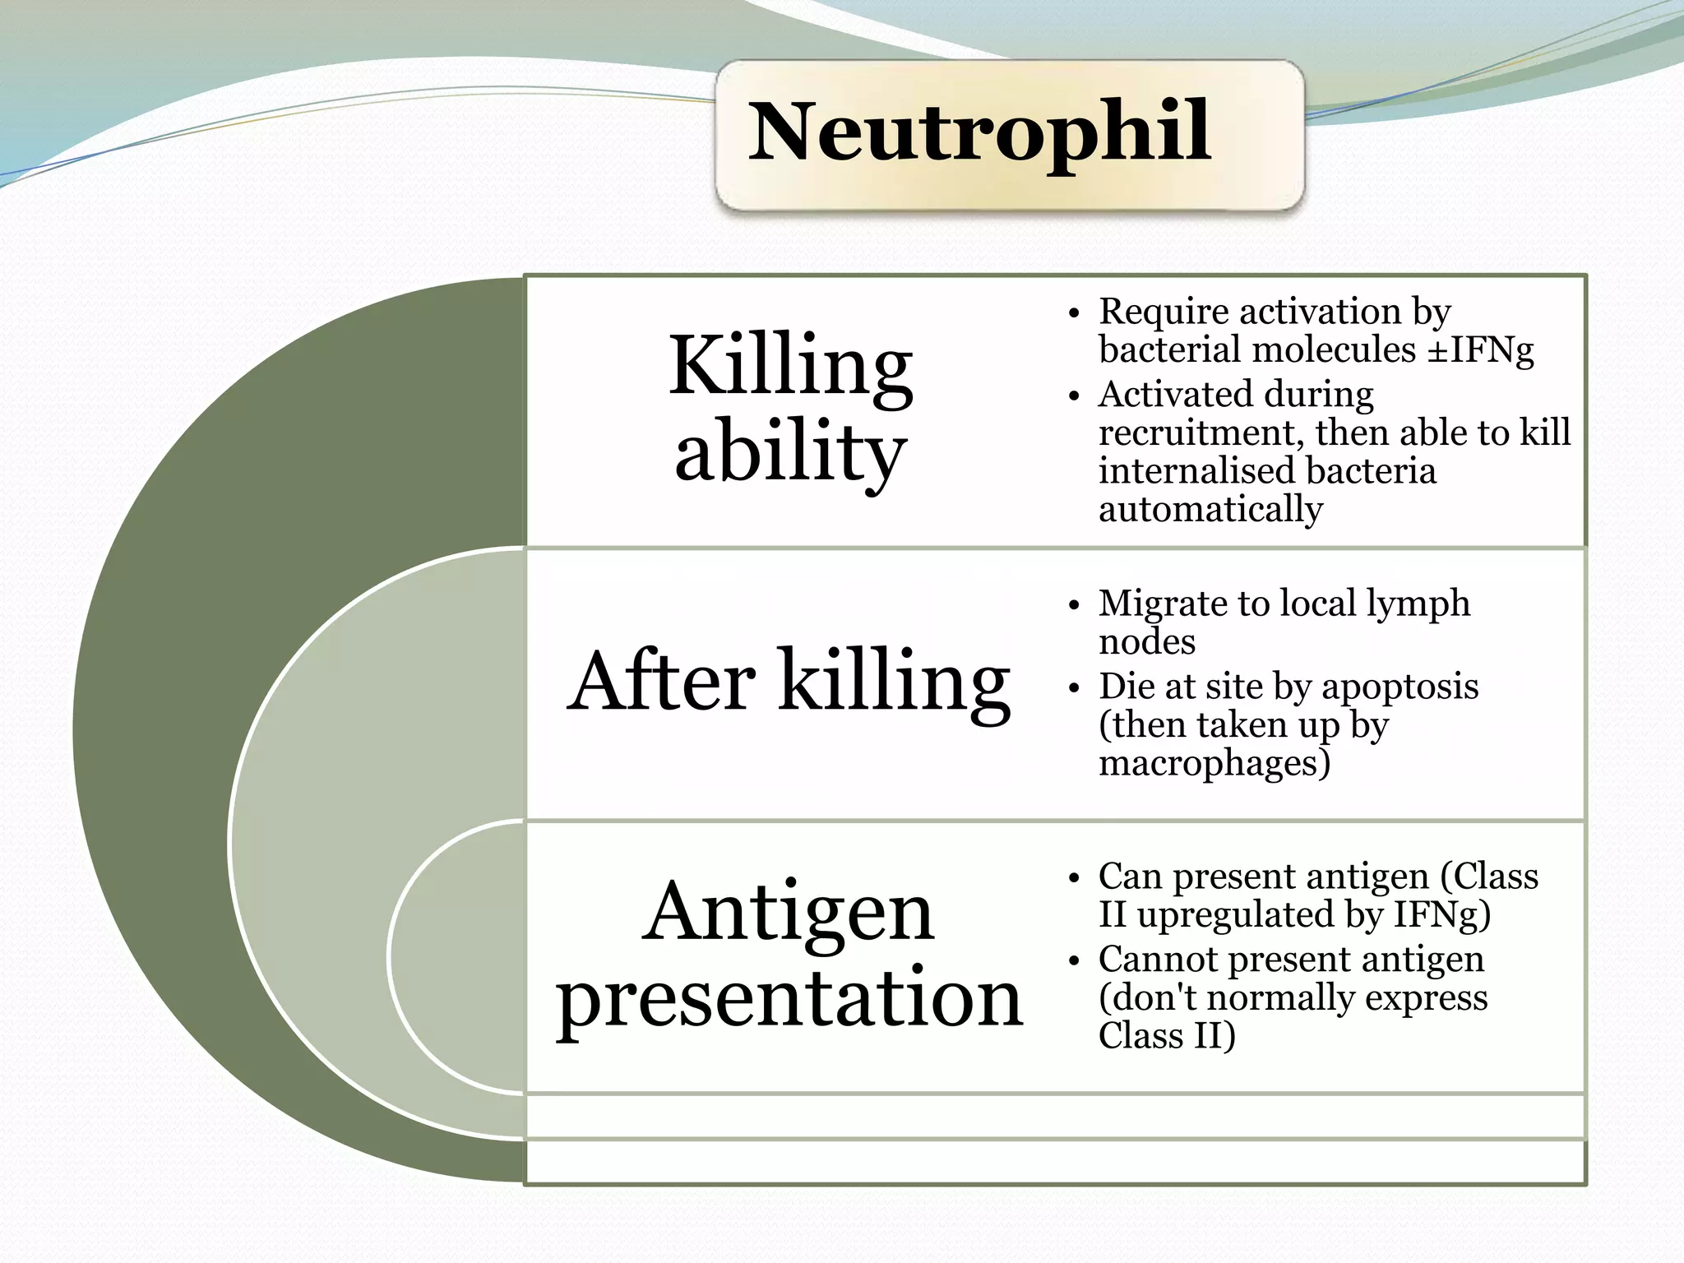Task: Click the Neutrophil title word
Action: click(978, 132)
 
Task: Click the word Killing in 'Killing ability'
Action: click(790, 366)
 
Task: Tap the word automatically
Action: click(1210, 509)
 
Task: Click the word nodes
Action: click(1146, 641)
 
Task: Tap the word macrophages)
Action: click(1214, 762)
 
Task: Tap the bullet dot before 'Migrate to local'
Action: click(1072, 606)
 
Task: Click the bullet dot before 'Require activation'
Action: click(1072, 314)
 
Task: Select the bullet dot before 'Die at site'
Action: click(1072, 689)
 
